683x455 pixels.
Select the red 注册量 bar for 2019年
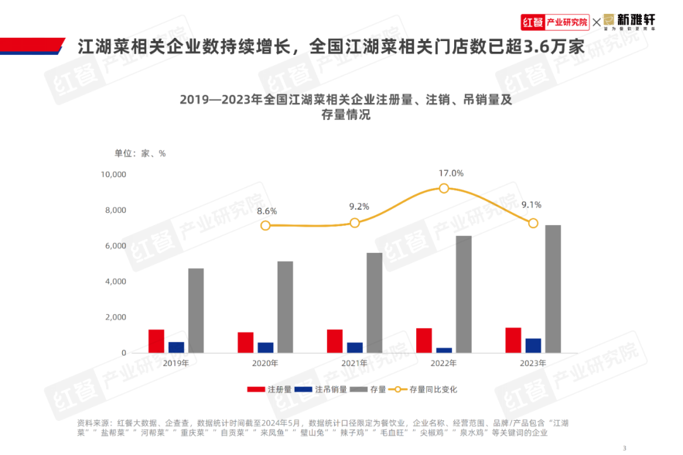(x=156, y=341)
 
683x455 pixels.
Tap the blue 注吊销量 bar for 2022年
(x=444, y=350)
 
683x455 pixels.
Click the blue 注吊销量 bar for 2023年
(x=533, y=345)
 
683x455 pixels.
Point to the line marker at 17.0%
(x=444, y=188)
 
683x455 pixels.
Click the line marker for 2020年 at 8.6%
(x=266, y=226)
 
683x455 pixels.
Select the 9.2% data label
(x=359, y=207)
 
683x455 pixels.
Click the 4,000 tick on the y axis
(x=116, y=281)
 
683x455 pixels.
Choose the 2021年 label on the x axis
(x=354, y=363)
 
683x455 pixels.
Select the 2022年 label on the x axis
(x=443, y=363)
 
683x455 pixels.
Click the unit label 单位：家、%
(x=140, y=153)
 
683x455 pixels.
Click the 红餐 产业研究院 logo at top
(x=555, y=22)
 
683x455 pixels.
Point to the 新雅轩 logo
(x=629, y=22)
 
